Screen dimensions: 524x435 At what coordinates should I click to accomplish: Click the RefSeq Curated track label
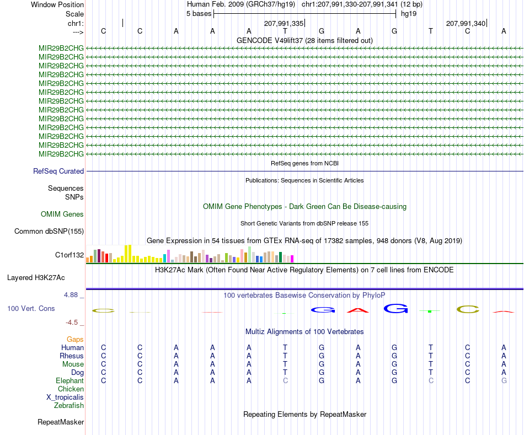[58, 171]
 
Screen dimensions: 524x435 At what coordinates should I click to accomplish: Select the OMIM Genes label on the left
[62, 214]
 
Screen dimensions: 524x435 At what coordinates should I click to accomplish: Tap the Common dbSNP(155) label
[49, 231]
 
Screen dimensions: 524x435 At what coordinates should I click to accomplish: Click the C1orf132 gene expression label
[69, 255]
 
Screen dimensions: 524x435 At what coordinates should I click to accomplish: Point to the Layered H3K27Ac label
[36, 278]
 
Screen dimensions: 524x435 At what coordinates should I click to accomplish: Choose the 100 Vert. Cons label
[31, 308]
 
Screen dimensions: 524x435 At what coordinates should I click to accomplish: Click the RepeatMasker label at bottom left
[61, 422]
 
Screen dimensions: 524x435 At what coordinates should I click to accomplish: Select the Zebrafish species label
[69, 405]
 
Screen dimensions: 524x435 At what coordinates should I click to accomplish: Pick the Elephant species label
[70, 380]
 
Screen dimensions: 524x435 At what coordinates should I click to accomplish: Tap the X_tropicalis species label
[65, 398]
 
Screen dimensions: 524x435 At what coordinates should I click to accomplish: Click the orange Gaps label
[75, 339]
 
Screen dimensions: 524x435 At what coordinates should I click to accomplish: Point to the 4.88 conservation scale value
[71, 294]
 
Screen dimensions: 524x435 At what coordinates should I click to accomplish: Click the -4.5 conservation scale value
[72, 322]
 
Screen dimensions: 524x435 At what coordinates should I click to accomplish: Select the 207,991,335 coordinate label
[284, 23]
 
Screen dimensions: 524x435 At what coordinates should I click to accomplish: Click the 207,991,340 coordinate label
[466, 23]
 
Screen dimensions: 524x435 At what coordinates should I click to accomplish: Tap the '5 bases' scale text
[199, 14]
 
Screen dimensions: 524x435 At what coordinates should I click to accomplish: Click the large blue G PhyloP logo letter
[396, 308]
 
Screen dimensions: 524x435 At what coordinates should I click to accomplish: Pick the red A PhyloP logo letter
[358, 310]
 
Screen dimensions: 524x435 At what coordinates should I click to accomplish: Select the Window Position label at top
[57, 4]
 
